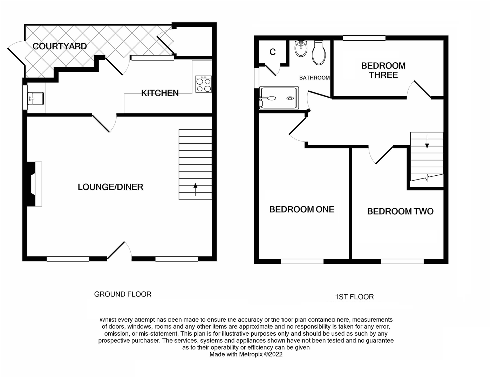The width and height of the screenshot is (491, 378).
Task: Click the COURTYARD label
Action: tap(60, 46)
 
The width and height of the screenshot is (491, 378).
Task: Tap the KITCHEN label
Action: tap(160, 93)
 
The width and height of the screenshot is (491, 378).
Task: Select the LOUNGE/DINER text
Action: tap(110, 187)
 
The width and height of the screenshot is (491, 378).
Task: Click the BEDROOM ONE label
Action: tap(301, 210)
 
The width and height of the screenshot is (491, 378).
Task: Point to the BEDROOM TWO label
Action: tap(400, 211)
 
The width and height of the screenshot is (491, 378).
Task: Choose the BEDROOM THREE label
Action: tap(383, 70)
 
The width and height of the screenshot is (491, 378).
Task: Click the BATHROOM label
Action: tap(314, 78)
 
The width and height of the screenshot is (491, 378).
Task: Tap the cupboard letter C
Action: tap(273, 52)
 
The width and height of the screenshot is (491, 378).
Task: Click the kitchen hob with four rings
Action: tap(203, 84)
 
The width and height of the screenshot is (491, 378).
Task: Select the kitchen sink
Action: tap(35, 98)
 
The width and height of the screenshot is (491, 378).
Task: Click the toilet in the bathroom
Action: tap(319, 54)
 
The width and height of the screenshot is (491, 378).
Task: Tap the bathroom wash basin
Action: tap(301, 49)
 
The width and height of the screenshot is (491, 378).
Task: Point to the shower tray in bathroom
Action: tap(279, 98)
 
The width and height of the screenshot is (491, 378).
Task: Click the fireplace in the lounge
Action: tap(35, 184)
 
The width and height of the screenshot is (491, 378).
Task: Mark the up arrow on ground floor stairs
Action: tap(195, 190)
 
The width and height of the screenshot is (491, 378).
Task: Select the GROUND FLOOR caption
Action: tap(123, 294)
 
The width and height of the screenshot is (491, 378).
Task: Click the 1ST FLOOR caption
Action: tap(354, 297)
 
